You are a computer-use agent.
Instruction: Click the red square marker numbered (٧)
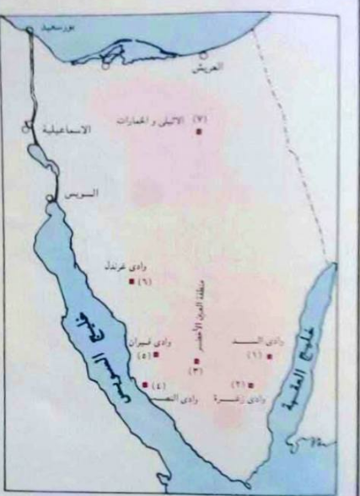tap(200, 132)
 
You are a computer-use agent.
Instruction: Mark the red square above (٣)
tap(196, 361)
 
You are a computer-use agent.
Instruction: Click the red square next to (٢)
tap(250, 384)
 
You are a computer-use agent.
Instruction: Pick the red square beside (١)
tap(269, 356)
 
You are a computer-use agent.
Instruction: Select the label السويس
tap(81, 193)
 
